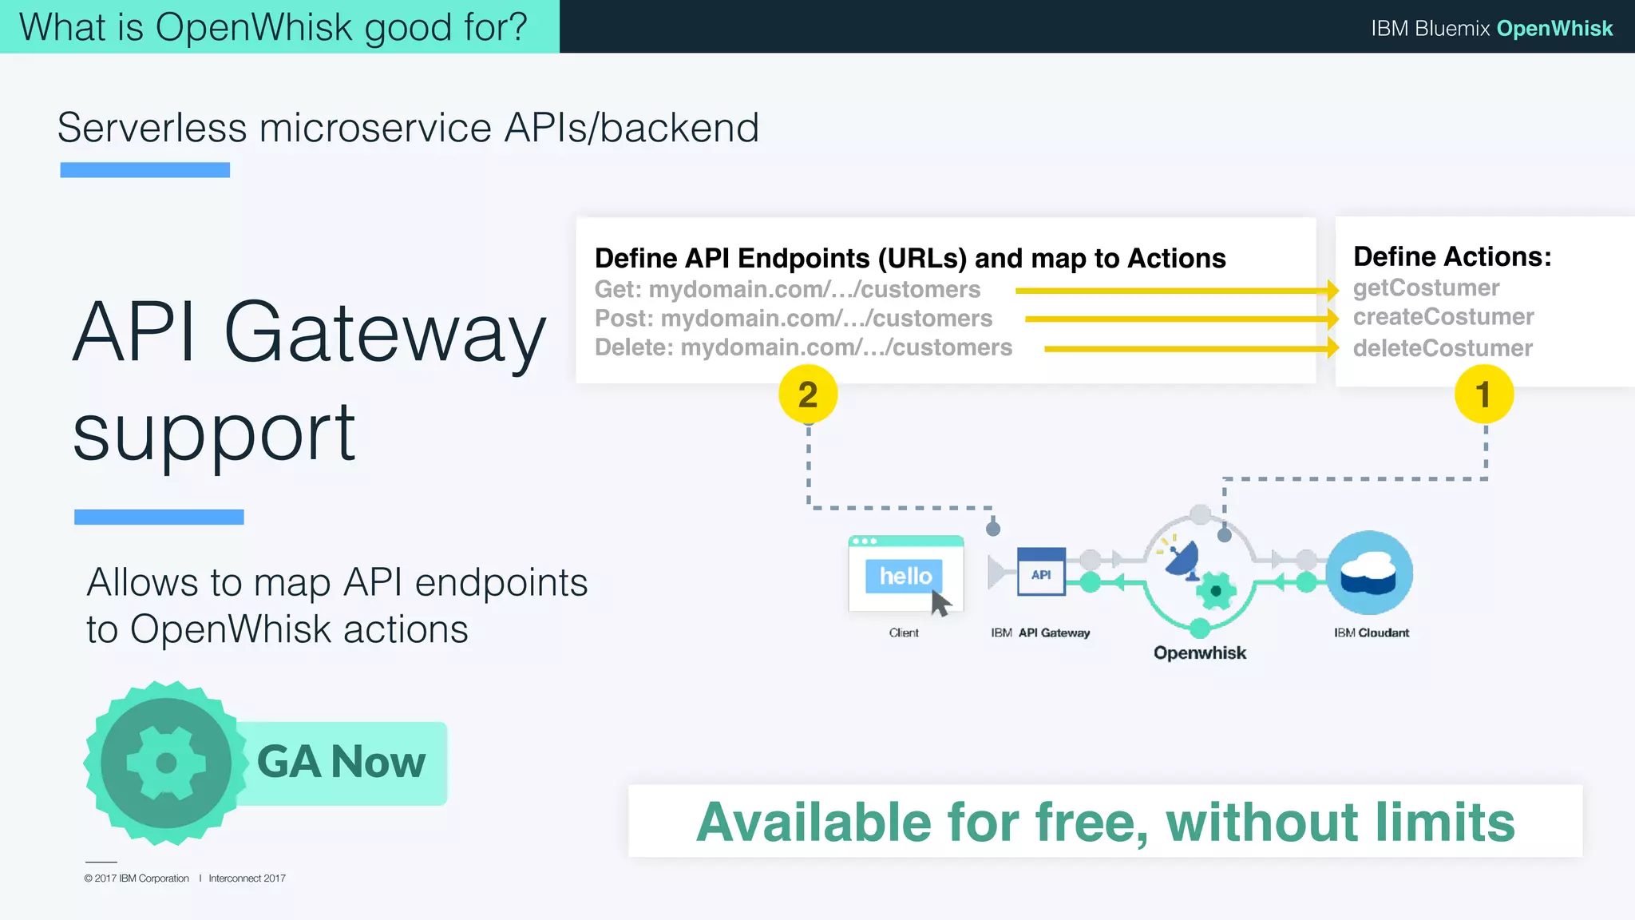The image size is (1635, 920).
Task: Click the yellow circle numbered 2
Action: click(x=807, y=395)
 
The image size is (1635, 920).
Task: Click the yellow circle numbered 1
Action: click(x=1483, y=395)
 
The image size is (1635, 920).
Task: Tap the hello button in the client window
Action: click(x=905, y=576)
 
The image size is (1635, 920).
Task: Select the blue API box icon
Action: click(x=1041, y=572)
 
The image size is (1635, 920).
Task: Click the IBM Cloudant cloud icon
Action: click(x=1369, y=573)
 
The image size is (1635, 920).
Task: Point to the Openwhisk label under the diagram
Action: click(x=1199, y=653)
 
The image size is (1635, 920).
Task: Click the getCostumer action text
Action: click(x=1426, y=287)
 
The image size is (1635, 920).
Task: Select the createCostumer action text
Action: click(x=1443, y=317)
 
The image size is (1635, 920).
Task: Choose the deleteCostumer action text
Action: click(x=1442, y=348)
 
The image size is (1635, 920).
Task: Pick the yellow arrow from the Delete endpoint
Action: click(x=1190, y=349)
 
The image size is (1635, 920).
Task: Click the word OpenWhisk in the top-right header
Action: click(x=1554, y=28)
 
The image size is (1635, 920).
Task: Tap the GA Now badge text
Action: click(x=341, y=762)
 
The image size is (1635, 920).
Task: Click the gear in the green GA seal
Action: click(x=166, y=763)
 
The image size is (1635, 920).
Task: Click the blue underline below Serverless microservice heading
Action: click(x=144, y=170)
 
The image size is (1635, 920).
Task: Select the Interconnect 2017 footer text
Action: click(x=247, y=878)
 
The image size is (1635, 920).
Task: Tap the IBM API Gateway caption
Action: click(x=1039, y=632)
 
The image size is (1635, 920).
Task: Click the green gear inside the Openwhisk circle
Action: click(x=1215, y=591)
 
